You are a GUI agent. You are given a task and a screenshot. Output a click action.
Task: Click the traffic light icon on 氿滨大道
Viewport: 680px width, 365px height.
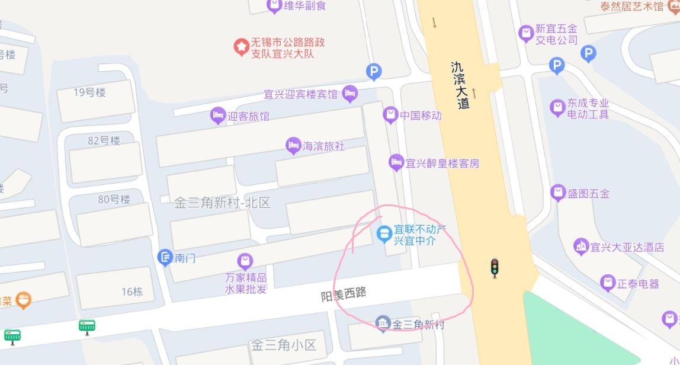pyautogui.click(x=495, y=268)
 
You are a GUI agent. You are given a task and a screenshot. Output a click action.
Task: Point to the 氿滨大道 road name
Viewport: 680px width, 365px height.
pyautogui.click(x=460, y=85)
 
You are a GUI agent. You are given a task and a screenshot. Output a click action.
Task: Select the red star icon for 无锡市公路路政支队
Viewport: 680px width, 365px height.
pyautogui.click(x=241, y=47)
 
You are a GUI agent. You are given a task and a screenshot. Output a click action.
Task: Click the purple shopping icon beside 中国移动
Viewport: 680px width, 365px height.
pyautogui.click(x=390, y=114)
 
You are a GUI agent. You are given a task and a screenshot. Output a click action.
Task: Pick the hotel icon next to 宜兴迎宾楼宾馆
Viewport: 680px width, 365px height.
pyautogui.click(x=350, y=93)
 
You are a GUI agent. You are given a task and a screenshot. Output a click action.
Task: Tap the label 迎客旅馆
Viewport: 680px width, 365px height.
pyautogui.click(x=248, y=116)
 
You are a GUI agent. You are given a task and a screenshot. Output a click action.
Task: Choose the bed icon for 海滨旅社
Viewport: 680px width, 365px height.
pyautogui.click(x=293, y=145)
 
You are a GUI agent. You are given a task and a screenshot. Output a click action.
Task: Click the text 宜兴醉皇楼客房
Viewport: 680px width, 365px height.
pyautogui.click(x=442, y=164)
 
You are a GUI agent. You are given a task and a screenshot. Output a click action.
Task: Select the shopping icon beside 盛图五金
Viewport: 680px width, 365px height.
pyautogui.click(x=558, y=193)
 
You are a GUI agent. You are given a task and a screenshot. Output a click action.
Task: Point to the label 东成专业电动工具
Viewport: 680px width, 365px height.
pyautogui.click(x=588, y=108)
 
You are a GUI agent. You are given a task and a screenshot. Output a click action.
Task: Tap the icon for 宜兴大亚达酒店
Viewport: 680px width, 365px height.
pyautogui.click(x=581, y=246)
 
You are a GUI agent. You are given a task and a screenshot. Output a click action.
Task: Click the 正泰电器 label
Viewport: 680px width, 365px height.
pyautogui.click(x=638, y=284)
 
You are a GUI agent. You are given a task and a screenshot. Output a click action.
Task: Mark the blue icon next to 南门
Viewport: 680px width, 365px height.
pyautogui.click(x=165, y=258)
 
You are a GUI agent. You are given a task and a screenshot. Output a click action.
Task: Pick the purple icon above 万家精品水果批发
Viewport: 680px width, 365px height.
pyautogui.click(x=245, y=261)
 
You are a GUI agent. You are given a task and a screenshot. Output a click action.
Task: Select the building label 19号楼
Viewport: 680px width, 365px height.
pyautogui.click(x=89, y=92)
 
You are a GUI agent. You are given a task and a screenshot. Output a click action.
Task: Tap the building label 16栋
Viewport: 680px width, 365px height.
pyautogui.click(x=132, y=292)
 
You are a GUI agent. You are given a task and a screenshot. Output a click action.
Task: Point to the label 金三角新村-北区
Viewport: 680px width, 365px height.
pyautogui.click(x=222, y=203)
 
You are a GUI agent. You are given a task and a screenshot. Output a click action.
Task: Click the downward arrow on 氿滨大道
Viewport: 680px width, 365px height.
pyautogui.click(x=434, y=23)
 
